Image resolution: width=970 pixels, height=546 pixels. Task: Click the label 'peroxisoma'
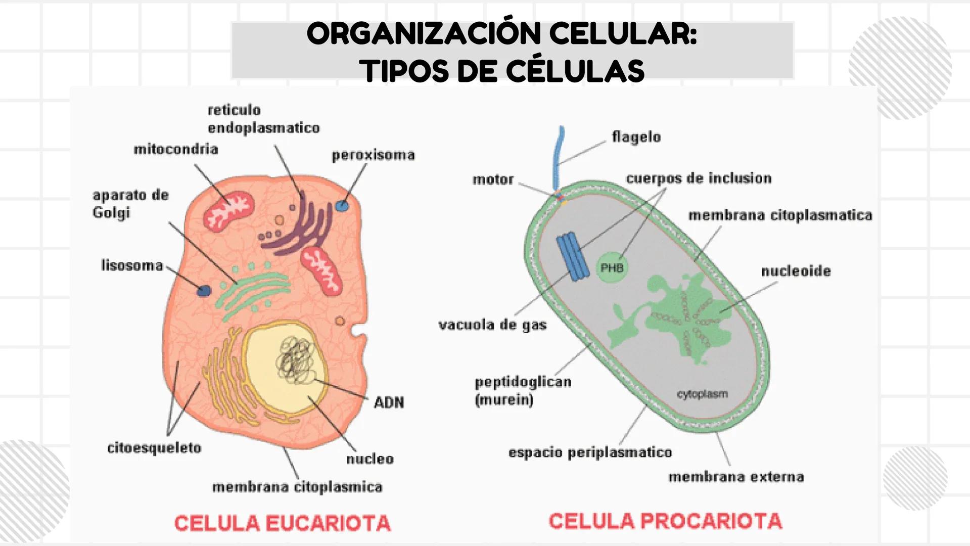click(x=373, y=155)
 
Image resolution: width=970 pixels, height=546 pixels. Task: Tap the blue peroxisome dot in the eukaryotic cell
click(x=342, y=206)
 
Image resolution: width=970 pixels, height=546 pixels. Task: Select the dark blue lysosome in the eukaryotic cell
click(x=204, y=291)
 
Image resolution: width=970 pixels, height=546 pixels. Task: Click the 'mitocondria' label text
click(x=176, y=150)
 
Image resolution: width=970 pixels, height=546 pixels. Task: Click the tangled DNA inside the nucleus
click(x=295, y=361)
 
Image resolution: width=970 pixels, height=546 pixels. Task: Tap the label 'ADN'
click(x=389, y=402)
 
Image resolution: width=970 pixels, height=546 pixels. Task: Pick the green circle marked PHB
click(x=612, y=268)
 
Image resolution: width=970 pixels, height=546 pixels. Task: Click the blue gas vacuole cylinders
click(x=573, y=256)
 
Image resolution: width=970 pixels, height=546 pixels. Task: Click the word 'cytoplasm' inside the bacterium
click(x=702, y=394)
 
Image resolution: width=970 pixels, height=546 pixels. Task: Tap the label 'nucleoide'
click(x=796, y=271)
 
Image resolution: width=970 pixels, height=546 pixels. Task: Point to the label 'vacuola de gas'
click(x=492, y=325)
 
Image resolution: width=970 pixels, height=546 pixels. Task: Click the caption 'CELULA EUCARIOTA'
click(x=282, y=523)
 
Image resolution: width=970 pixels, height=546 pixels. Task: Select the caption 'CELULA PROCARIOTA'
click(x=665, y=521)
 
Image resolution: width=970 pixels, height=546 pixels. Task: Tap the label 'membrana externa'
click(x=735, y=477)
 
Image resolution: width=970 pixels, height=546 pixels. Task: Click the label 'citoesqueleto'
click(x=154, y=448)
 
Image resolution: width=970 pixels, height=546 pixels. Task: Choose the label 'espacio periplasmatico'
click(x=590, y=452)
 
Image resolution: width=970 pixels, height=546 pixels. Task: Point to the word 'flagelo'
click(x=636, y=137)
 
